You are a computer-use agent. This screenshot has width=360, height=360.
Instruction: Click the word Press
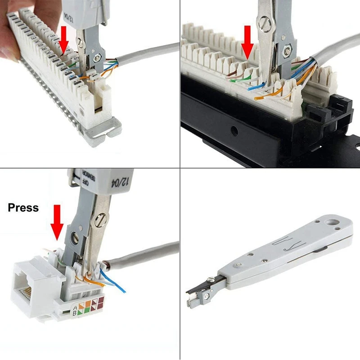tap(23, 208)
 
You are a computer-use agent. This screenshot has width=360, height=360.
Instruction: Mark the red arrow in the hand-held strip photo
tap(64, 40)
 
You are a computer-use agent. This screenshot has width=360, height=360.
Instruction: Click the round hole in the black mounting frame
tap(234, 131)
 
